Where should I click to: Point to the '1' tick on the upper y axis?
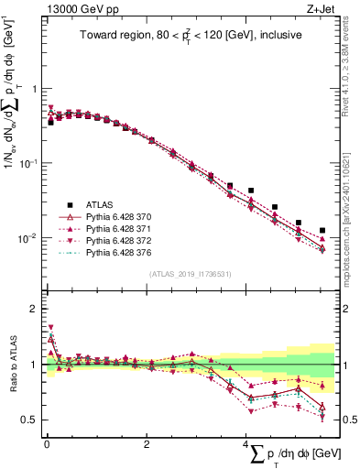click(35, 89)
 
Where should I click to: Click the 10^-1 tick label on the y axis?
click(29, 163)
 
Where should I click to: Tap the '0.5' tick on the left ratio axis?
click(30, 420)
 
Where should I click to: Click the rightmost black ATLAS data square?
click(322, 231)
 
